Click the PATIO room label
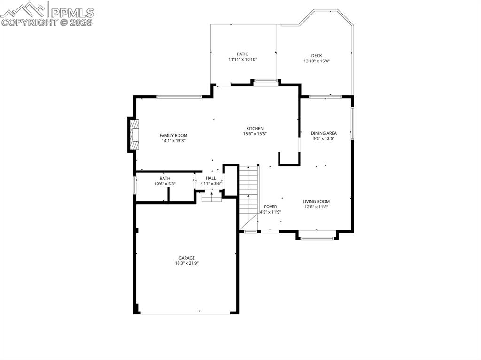click(242, 54)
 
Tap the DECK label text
click(317, 55)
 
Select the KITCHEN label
click(255, 129)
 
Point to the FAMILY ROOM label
click(173, 135)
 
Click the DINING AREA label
click(324, 133)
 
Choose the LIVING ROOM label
click(316, 201)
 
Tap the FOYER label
click(270, 207)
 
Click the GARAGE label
click(186, 258)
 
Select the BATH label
click(165, 178)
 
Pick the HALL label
click(211, 178)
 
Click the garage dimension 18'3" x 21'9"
click(187, 263)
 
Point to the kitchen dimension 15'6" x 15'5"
click(255, 134)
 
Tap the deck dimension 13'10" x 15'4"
click(317, 61)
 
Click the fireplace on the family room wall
click(133, 134)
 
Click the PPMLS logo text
click(72, 13)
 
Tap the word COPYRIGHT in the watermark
click(30, 23)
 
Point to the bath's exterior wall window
click(134, 184)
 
